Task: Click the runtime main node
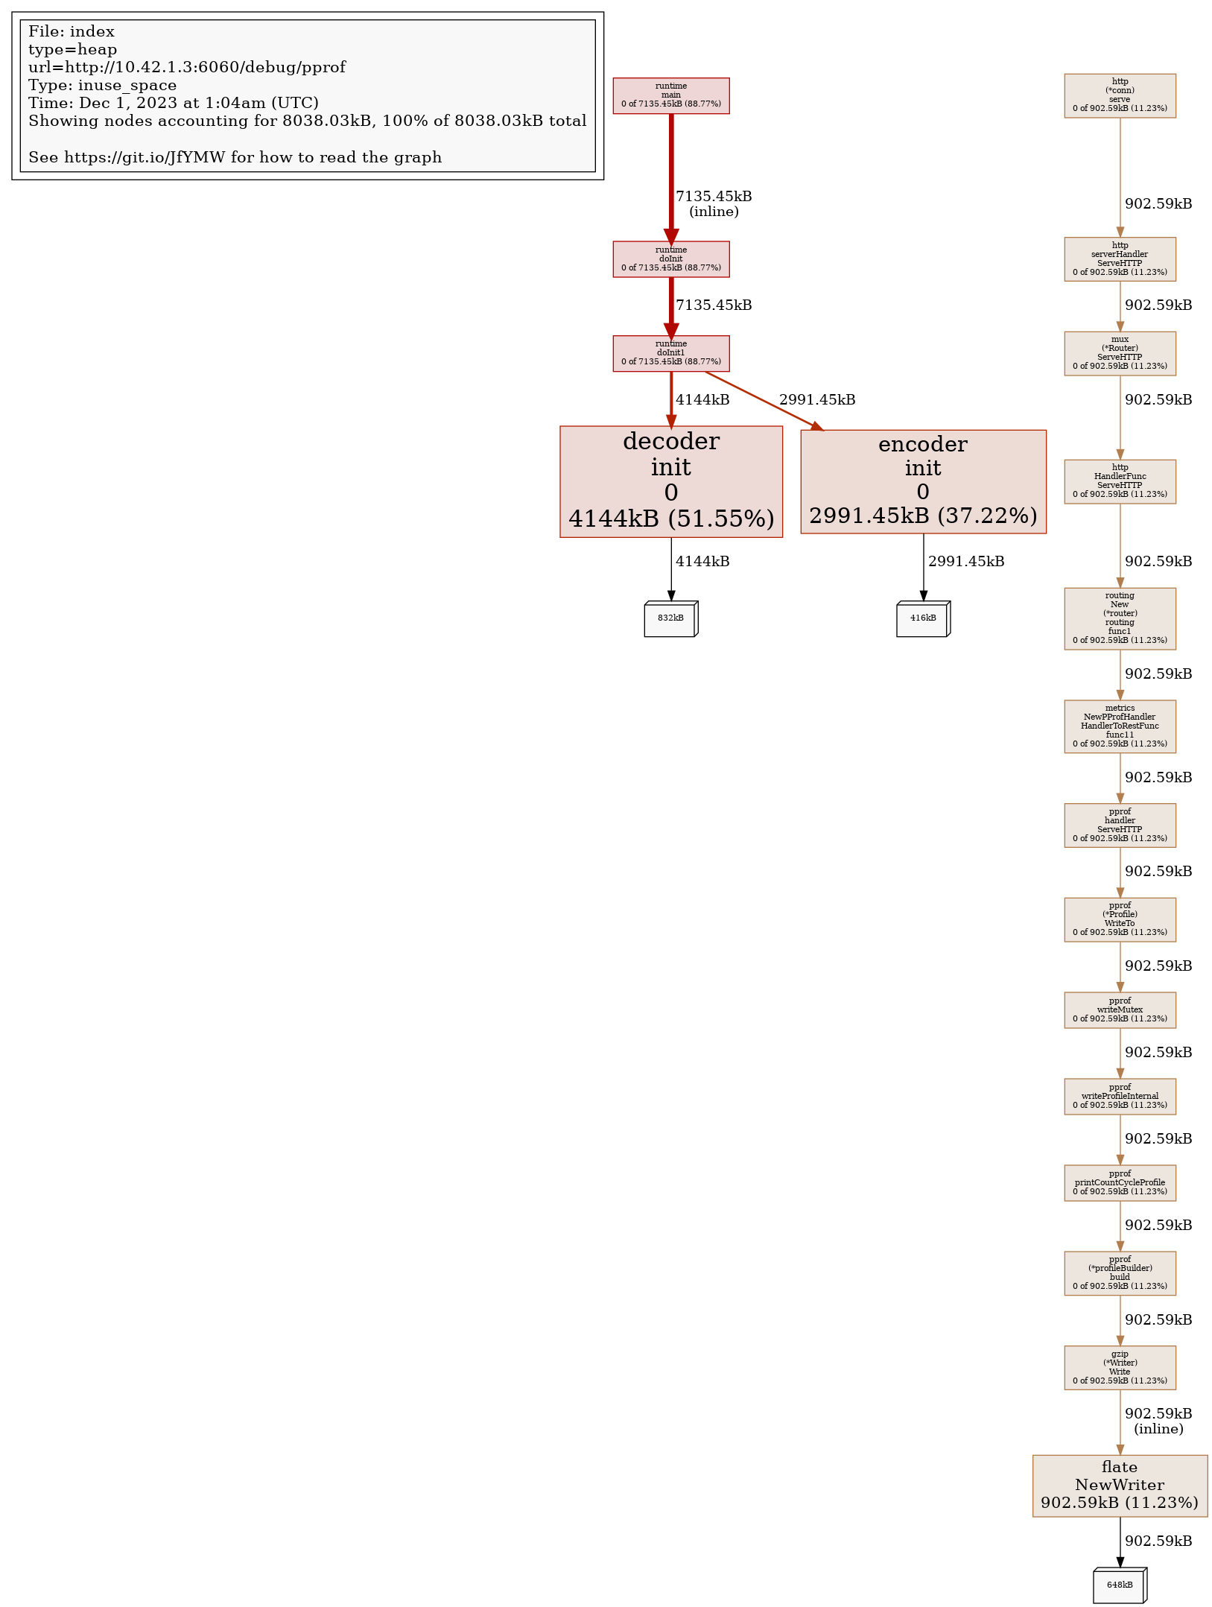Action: pyautogui.click(x=670, y=95)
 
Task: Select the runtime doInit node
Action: pyautogui.click(x=670, y=259)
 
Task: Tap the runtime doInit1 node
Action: pyautogui.click(x=670, y=353)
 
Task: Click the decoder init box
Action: pyautogui.click(x=670, y=481)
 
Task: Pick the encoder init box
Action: pyautogui.click(x=923, y=481)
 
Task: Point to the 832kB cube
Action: pyautogui.click(x=670, y=618)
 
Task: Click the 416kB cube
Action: pyautogui.click(x=923, y=618)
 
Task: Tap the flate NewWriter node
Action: pyautogui.click(x=1120, y=1485)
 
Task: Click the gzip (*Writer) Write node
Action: pyautogui.click(x=1120, y=1367)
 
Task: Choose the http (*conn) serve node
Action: pyautogui.click(x=1120, y=95)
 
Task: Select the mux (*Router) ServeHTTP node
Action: pyautogui.click(x=1120, y=353)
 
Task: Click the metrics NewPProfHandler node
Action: pyautogui.click(x=1120, y=726)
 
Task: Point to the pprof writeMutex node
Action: pyautogui.click(x=1120, y=1009)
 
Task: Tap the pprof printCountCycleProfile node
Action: pyautogui.click(x=1120, y=1182)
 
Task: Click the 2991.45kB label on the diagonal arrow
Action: pyautogui.click(x=817, y=400)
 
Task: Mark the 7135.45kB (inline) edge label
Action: pyautogui.click(x=714, y=203)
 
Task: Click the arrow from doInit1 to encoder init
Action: pyautogui.click(x=764, y=400)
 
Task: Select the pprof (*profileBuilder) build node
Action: pyautogui.click(x=1120, y=1272)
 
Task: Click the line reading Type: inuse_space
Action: pyautogui.click(x=103, y=85)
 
